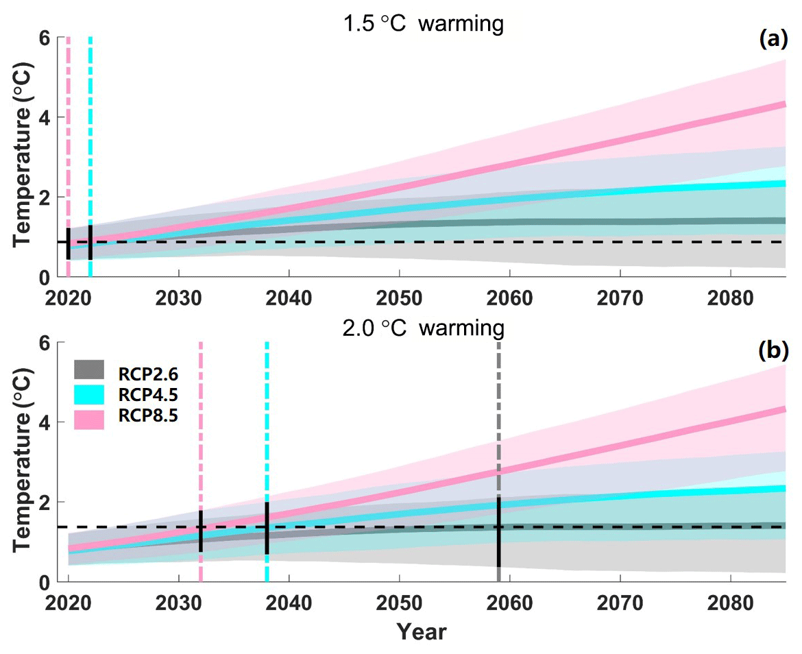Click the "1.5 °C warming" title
pos(423,25)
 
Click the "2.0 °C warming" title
pos(423,328)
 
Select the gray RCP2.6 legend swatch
pos(88,370)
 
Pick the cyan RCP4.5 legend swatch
pos(88,394)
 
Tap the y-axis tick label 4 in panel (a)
pos(42,117)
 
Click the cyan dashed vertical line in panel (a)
pos(90,137)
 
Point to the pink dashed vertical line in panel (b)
pos(200,425)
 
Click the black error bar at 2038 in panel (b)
pos(267,529)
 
